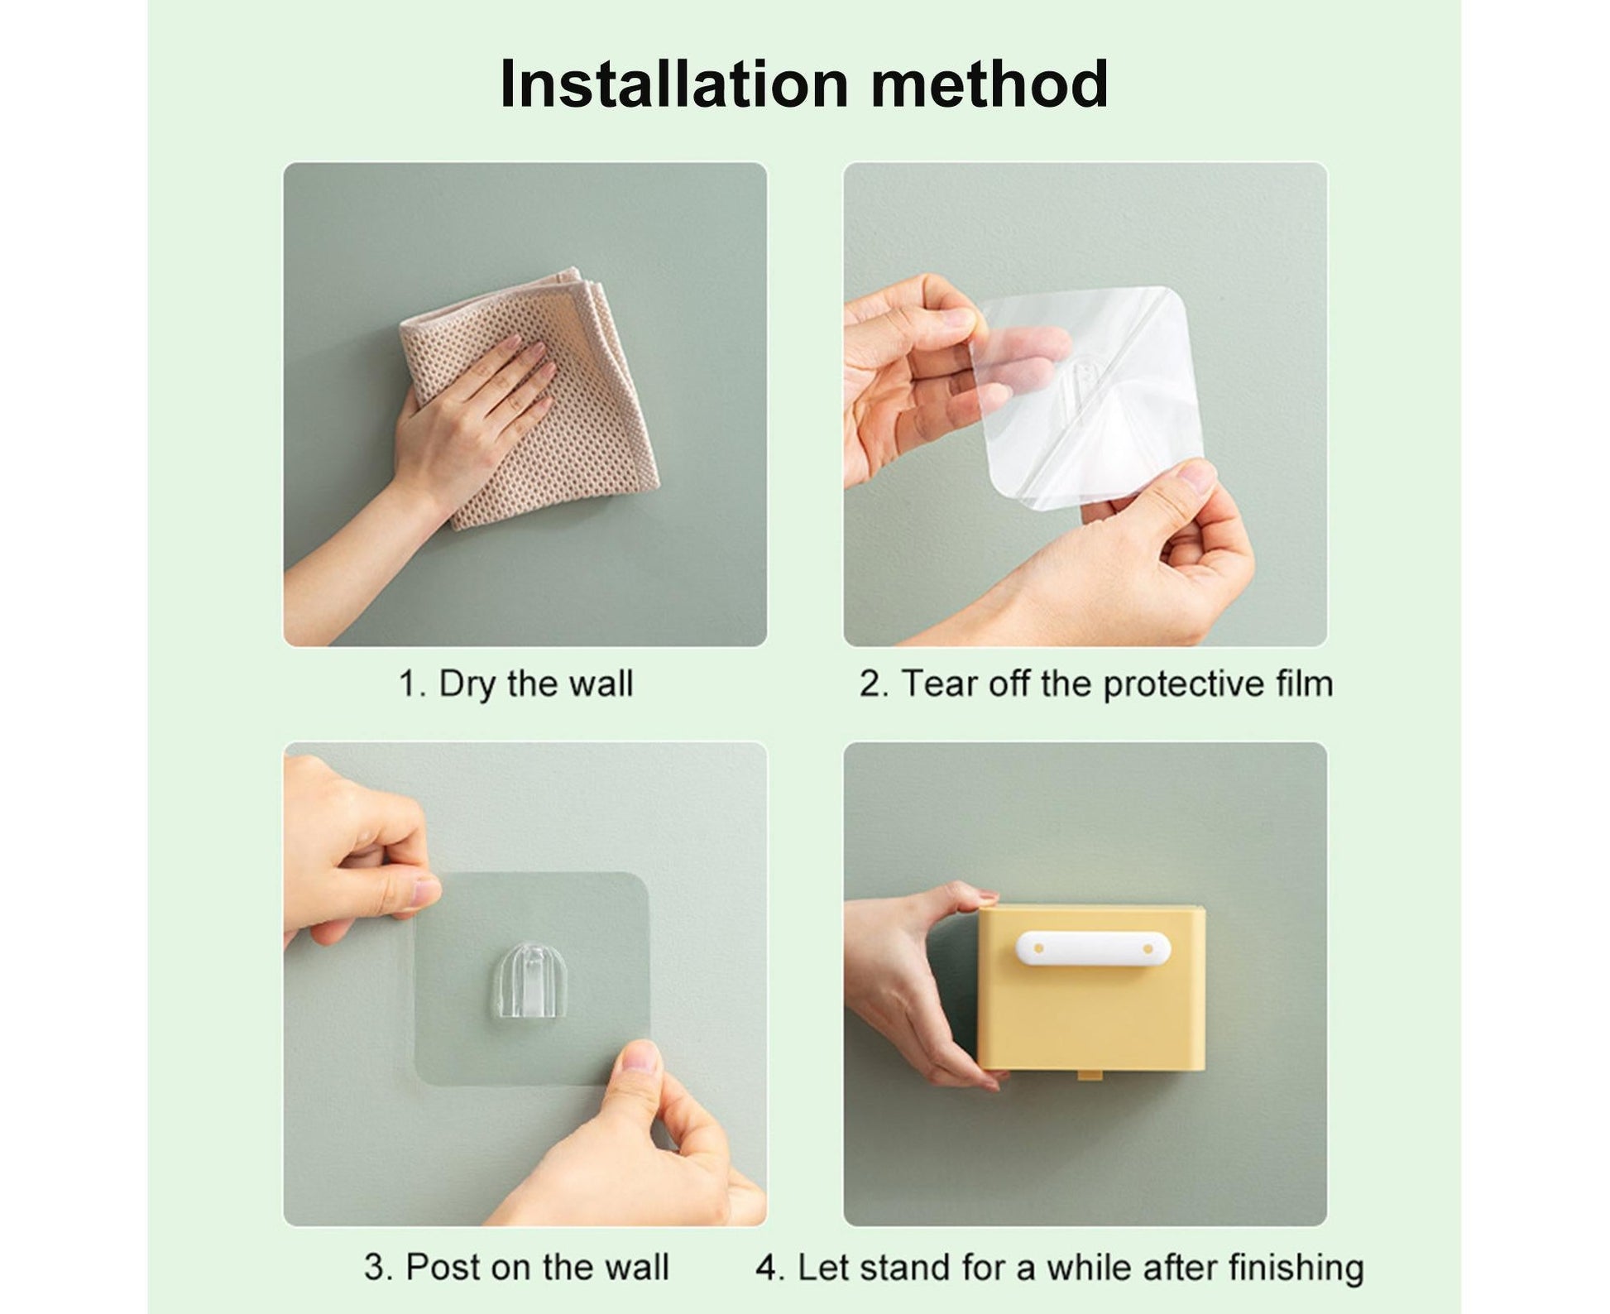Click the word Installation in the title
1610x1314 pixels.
pos(674,84)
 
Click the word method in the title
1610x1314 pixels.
pos(989,84)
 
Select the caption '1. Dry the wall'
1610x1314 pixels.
pos(515,684)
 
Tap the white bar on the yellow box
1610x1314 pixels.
pos(1093,948)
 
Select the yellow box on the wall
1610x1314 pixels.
pos(1090,990)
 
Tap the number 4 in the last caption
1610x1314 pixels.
pos(769,1268)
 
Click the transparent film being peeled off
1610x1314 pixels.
pos(1084,397)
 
